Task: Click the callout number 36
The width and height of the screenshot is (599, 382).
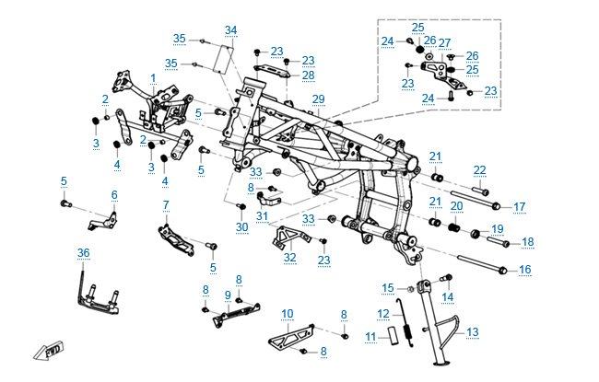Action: click(x=83, y=253)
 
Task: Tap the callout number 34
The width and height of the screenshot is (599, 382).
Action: click(x=230, y=30)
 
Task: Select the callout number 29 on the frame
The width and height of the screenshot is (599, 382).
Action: click(x=319, y=99)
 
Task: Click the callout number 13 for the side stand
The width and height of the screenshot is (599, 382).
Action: click(x=473, y=332)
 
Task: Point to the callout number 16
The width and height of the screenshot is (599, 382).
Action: click(x=525, y=270)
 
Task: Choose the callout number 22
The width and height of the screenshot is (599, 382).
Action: click(x=480, y=169)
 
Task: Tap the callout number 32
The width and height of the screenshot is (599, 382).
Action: click(x=289, y=258)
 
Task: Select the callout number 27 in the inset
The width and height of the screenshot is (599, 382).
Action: click(x=444, y=43)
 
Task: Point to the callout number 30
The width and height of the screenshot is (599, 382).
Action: click(x=241, y=227)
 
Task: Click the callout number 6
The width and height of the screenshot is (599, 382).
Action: click(x=114, y=195)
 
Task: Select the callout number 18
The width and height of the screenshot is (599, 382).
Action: click(x=528, y=242)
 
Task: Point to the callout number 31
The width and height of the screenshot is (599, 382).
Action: click(x=262, y=217)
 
